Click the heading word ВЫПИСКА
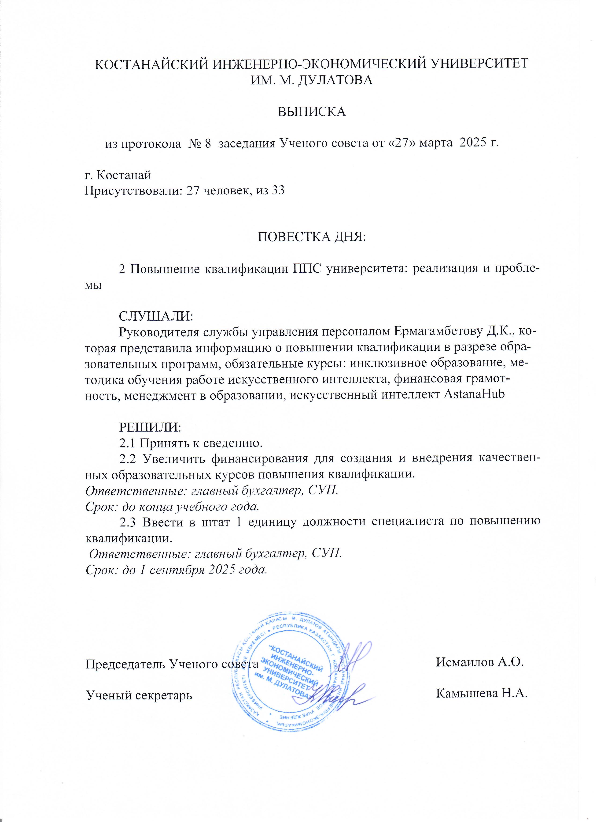coord(311,112)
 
